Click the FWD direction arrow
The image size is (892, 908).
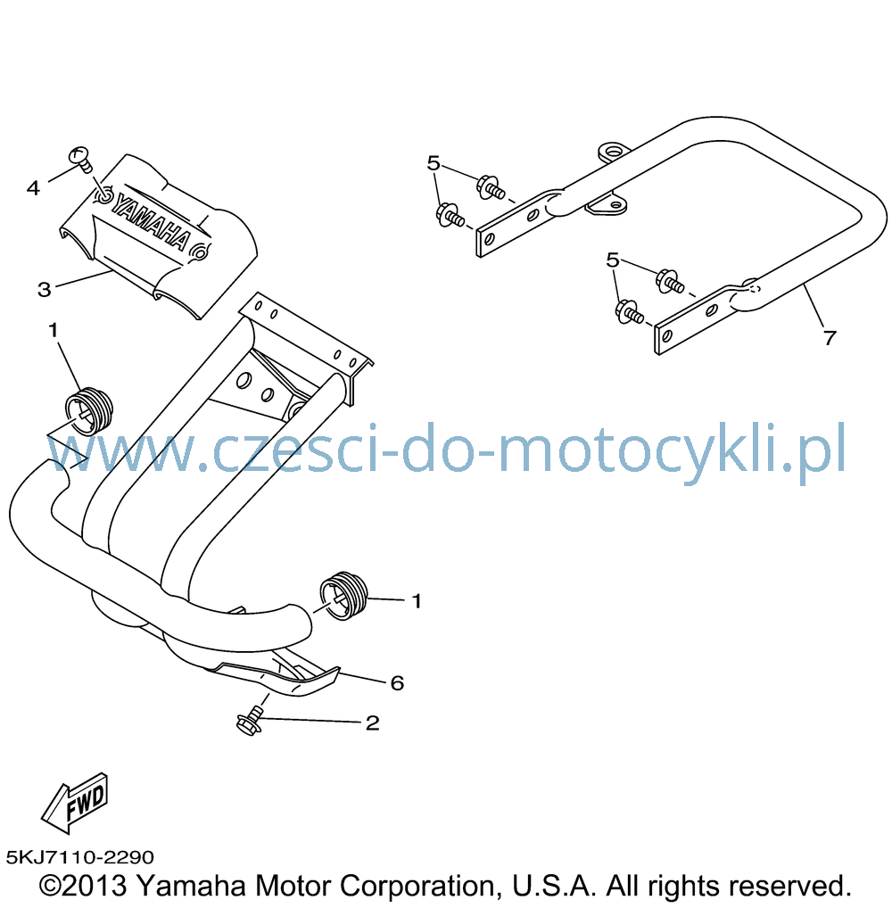coord(75,803)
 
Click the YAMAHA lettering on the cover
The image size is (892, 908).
coord(151,222)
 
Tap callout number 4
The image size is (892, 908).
coord(33,188)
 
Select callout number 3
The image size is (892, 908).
coord(44,290)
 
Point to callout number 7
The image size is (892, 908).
coord(830,338)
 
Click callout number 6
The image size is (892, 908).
coord(397,683)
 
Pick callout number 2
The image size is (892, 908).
coord(373,723)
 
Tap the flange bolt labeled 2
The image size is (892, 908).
coord(251,721)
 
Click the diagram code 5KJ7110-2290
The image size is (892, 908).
coord(80,856)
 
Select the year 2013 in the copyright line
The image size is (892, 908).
coord(95,886)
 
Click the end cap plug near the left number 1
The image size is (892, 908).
coord(89,410)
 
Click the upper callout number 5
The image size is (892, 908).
coord(434,163)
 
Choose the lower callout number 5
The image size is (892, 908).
coord(612,260)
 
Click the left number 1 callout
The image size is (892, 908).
coord(54,330)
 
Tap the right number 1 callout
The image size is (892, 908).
coord(417,601)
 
